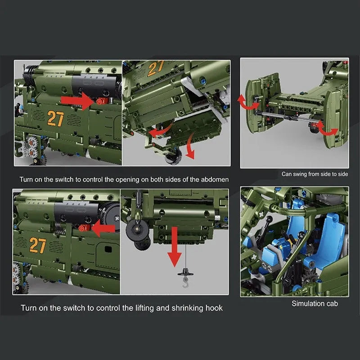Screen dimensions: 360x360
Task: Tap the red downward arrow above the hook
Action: pos(175,247)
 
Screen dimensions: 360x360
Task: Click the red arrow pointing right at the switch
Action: pos(77,101)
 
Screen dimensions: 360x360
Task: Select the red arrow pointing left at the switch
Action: pos(103,228)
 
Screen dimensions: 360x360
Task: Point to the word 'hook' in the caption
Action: pos(214,308)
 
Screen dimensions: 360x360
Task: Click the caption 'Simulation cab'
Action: pos(315,303)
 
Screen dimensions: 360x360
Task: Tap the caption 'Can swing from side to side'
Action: pos(315,174)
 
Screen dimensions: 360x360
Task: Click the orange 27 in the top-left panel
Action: pos(55,118)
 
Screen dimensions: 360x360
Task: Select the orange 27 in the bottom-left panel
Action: pos(38,245)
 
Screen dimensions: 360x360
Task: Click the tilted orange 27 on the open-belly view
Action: pos(156,68)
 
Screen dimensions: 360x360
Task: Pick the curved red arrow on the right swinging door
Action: pos(327,130)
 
